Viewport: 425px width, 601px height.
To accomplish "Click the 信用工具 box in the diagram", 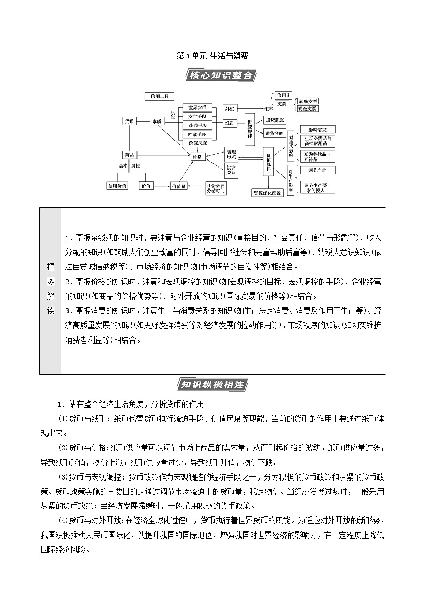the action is coord(160,96).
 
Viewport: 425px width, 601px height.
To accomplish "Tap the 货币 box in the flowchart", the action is coord(129,121).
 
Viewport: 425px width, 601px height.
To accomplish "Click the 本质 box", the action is coord(156,121).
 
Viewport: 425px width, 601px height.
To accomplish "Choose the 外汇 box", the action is coord(229,108).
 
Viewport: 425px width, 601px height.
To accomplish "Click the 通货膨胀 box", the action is coord(274,120).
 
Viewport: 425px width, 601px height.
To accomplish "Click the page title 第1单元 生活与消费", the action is coord(212,56).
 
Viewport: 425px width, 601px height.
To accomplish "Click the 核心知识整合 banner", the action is coord(219,75).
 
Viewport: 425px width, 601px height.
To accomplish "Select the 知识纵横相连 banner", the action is coord(212,384).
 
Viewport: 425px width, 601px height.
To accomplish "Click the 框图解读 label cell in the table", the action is coord(50,290).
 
